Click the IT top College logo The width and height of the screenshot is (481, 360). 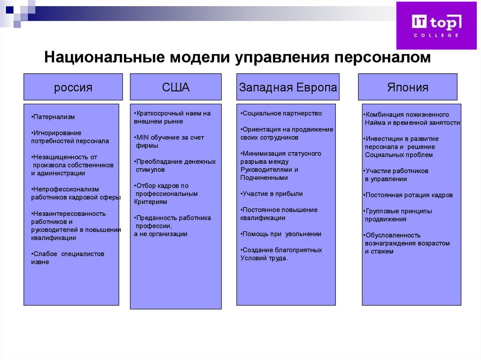coord(436,25)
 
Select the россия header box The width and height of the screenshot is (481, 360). coord(73,87)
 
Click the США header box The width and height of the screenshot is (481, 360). coord(175,87)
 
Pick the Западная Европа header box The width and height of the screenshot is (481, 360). coord(288,87)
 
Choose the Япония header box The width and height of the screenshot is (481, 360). coord(407,87)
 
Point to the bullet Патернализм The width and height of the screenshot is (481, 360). coord(53,117)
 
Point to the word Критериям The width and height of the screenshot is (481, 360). coord(151,202)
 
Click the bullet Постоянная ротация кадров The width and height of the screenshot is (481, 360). coord(409,195)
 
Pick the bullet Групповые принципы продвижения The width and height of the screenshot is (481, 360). coord(398,215)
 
